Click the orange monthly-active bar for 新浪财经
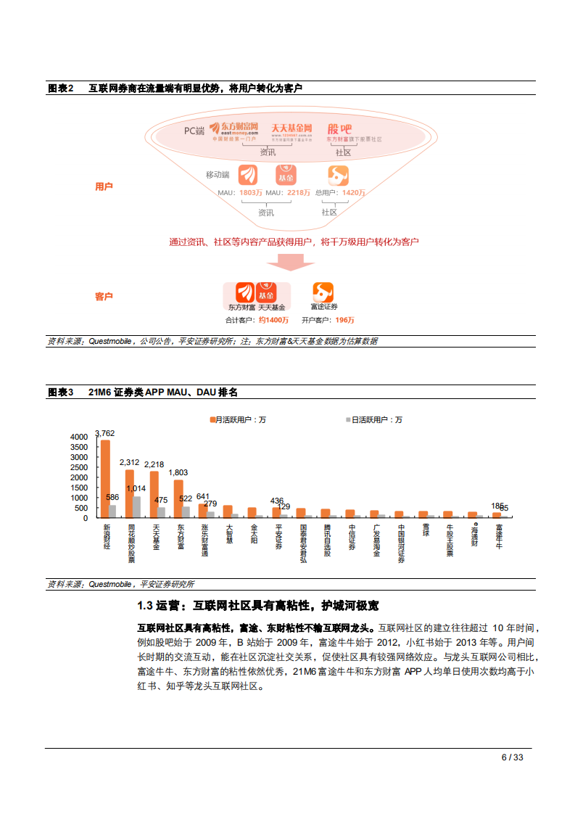(x=105, y=479)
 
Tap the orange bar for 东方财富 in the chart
(x=178, y=498)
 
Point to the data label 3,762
(x=106, y=434)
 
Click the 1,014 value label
(x=136, y=488)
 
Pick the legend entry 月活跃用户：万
(x=239, y=419)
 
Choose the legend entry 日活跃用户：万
(x=374, y=419)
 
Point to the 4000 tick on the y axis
(x=79, y=437)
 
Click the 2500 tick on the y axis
(x=79, y=467)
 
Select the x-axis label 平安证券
(x=278, y=538)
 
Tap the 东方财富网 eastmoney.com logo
(x=233, y=130)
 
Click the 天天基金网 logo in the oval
(x=291, y=130)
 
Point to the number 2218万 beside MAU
(x=298, y=193)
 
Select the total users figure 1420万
(x=353, y=193)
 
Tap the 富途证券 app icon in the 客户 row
(x=323, y=292)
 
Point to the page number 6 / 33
(x=512, y=757)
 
